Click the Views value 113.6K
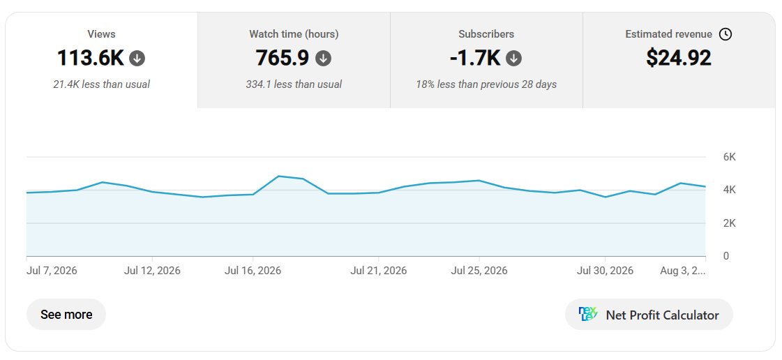tap(90, 58)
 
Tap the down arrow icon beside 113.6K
tap(137, 59)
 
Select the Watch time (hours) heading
tap(294, 34)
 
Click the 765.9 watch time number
tap(283, 58)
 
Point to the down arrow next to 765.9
tap(323, 59)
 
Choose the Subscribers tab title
tap(486, 34)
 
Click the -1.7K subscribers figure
tap(475, 58)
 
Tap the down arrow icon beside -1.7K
tap(513, 59)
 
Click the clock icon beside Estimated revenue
tap(725, 34)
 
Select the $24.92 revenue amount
tap(679, 58)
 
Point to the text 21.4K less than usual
tap(101, 84)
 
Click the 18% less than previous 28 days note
tap(486, 84)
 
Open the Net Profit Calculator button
tap(649, 315)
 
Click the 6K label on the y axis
tap(729, 157)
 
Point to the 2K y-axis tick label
tap(729, 223)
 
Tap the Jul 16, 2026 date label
tap(253, 271)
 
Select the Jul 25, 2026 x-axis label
tap(479, 271)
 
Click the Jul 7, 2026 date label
tap(52, 271)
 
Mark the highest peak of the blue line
tap(278, 176)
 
